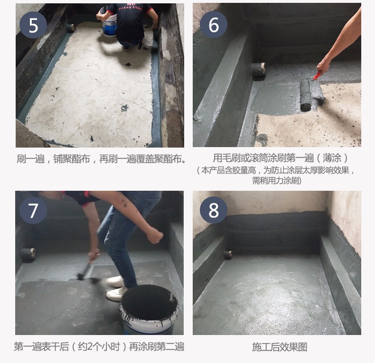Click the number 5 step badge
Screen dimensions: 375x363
pos(33,25)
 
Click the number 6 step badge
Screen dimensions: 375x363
pos(214,24)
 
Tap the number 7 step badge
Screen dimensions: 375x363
pos(33,210)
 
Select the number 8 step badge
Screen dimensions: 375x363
pos(214,210)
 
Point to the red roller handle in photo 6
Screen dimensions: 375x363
pos(317,75)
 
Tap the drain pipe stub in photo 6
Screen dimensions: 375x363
pos(258,69)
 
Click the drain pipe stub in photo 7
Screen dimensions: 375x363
pos(28,255)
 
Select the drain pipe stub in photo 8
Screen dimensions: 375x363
pos(228,254)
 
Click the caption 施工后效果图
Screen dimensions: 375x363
pos(280,347)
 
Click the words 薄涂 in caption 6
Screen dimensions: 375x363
pos(332,158)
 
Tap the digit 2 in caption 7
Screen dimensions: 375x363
pos(90,346)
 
